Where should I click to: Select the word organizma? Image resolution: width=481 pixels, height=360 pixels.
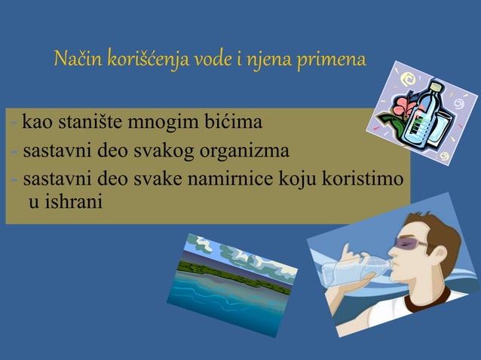coord(245,151)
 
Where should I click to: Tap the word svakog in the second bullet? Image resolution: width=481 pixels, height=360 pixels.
coord(167,151)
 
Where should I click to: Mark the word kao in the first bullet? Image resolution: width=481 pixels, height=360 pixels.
coord(35,121)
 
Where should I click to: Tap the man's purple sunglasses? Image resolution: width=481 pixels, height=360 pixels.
coord(411,243)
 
